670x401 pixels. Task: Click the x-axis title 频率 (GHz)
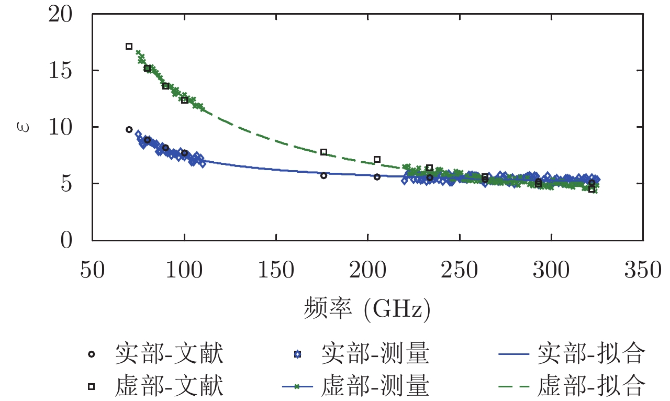(367, 309)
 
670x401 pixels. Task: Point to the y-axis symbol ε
(21, 127)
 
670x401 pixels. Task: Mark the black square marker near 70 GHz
(129, 46)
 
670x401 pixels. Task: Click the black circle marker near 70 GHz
(129, 129)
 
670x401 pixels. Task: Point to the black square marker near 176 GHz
(323, 152)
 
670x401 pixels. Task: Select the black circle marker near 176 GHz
(323, 175)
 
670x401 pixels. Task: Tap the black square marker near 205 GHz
(377, 159)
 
